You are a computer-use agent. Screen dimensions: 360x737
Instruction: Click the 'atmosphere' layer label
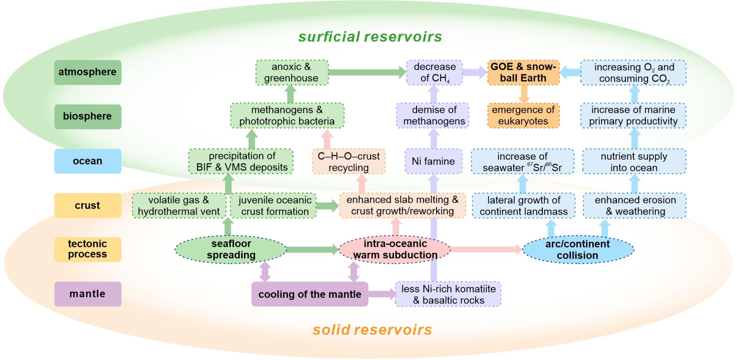(88, 72)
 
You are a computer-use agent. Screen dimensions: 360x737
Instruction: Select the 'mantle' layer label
(88, 294)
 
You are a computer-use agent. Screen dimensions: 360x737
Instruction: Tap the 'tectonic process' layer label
(88, 249)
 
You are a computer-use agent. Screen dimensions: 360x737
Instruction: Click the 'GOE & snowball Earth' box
(523, 72)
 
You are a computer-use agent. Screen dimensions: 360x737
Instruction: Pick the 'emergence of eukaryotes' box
(523, 116)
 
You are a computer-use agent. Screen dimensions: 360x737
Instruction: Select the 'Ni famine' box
(433, 161)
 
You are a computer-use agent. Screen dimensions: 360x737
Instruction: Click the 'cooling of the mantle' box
(309, 294)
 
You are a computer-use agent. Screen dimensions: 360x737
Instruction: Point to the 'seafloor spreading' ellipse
(231, 249)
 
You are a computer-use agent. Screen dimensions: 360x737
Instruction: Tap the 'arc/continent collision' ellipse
(577, 249)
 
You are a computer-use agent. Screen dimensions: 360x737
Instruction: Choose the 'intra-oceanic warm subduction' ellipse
(395, 249)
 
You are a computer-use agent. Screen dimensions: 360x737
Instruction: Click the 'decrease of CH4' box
(435, 72)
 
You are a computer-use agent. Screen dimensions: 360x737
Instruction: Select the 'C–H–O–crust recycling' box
(349, 162)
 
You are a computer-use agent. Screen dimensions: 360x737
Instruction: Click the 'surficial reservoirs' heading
(370, 37)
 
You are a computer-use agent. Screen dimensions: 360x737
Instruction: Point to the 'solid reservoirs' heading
(372, 330)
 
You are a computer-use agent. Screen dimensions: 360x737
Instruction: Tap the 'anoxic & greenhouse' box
(292, 72)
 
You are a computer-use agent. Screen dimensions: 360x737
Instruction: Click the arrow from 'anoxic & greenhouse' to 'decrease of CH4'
(367, 72)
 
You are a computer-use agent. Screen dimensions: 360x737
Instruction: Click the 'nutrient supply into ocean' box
(634, 162)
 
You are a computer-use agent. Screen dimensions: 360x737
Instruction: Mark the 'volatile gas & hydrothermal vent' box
(179, 206)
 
